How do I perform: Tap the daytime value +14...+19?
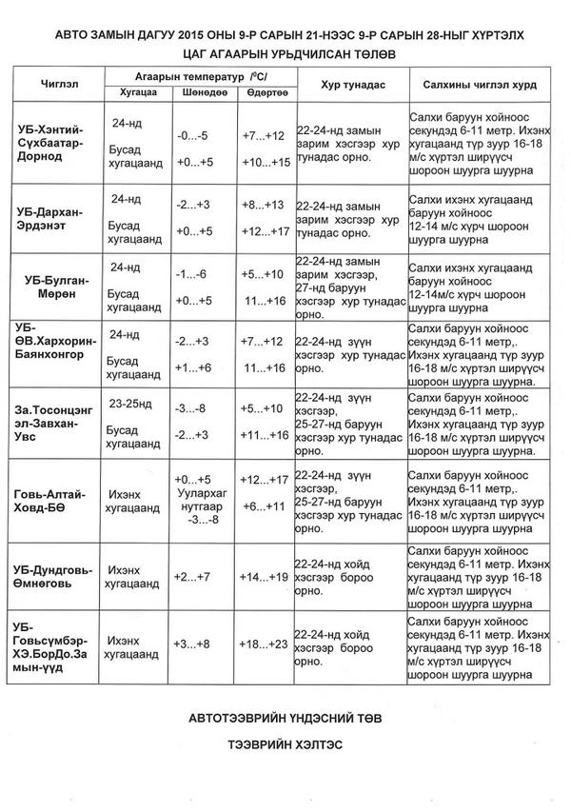coord(264,578)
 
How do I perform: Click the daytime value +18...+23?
coord(265,644)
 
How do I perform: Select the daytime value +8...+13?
coord(263,205)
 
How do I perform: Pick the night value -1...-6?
coord(194,274)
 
